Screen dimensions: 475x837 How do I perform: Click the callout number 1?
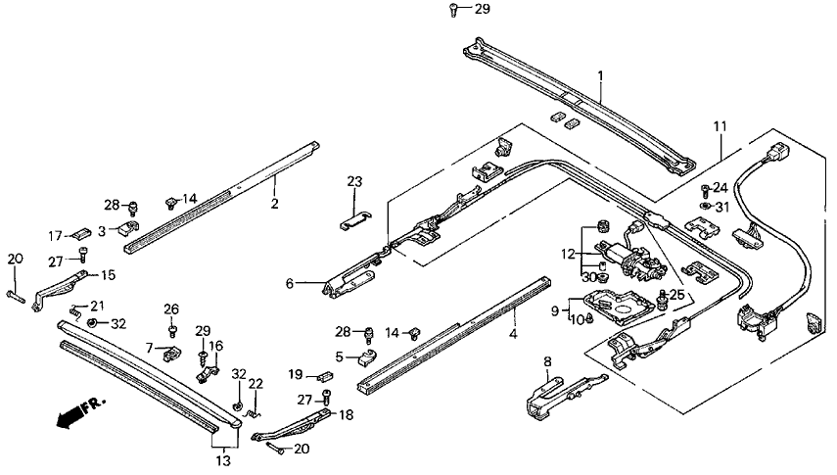pos(601,75)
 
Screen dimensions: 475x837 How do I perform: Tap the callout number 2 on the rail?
pos(275,204)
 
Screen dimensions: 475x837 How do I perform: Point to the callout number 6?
pos(290,284)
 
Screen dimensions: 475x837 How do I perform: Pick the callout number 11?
pos(720,126)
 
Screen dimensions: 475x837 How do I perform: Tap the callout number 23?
pos(354,181)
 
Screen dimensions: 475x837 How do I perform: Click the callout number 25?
pos(676,295)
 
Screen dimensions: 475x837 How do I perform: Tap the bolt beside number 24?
pos(705,187)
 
